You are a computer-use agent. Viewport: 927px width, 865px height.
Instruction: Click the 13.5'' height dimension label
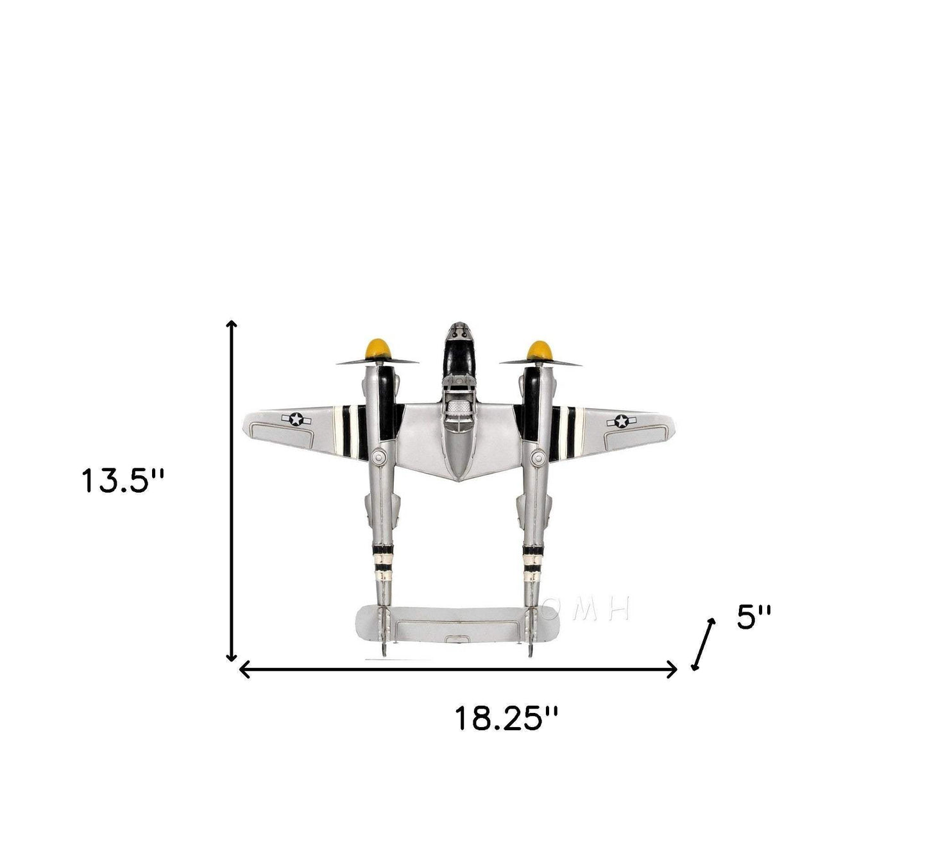click(123, 481)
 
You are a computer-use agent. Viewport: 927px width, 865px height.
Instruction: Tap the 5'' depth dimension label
click(754, 617)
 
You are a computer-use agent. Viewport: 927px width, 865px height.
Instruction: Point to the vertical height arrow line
click(232, 491)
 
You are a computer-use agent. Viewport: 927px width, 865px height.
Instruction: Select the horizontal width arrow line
click(458, 669)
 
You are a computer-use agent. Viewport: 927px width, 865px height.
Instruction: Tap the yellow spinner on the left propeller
click(378, 348)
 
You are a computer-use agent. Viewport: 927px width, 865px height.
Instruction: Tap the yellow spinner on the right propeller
click(540, 351)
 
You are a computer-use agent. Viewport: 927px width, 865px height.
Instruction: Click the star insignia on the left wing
click(296, 419)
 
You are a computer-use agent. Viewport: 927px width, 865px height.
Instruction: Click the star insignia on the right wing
click(621, 422)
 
